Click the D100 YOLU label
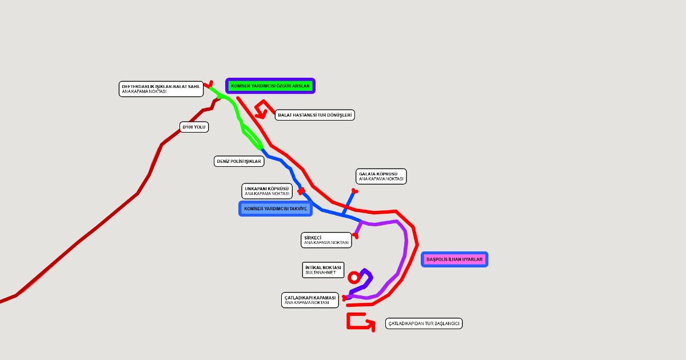click(x=194, y=127)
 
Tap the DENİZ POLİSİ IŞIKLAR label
click(x=239, y=161)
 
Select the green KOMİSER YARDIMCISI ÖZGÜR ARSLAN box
click(x=270, y=86)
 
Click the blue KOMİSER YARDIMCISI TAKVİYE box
click(x=276, y=209)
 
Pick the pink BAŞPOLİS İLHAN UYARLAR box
click(x=454, y=259)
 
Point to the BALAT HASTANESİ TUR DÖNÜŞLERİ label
click(x=315, y=115)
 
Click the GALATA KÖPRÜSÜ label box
click(x=381, y=177)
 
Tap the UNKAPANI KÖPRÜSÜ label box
click(x=267, y=191)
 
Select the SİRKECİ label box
click(x=326, y=240)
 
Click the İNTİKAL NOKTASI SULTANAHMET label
click(x=323, y=270)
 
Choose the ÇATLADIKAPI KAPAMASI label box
click(x=310, y=300)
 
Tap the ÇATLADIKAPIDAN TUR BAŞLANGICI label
click(x=424, y=323)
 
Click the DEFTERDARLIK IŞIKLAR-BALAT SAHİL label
click(x=161, y=89)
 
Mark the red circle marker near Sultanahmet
click(x=354, y=278)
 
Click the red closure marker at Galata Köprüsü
click(x=354, y=191)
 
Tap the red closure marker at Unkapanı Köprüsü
click(x=301, y=191)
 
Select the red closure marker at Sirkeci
click(x=355, y=235)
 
